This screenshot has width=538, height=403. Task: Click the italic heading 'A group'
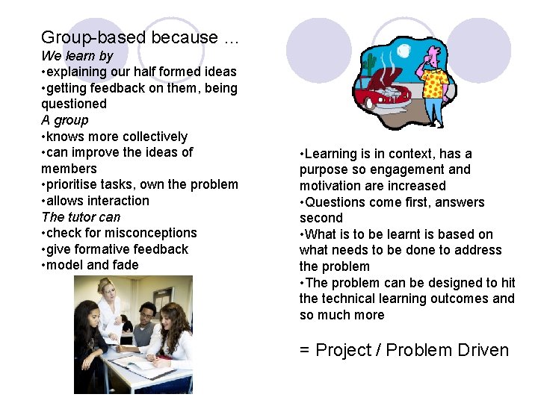coord(65,120)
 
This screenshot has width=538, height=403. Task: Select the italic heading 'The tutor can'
coord(81,217)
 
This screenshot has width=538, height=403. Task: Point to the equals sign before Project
coord(305,350)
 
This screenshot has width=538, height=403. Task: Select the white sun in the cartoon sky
coord(404,51)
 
